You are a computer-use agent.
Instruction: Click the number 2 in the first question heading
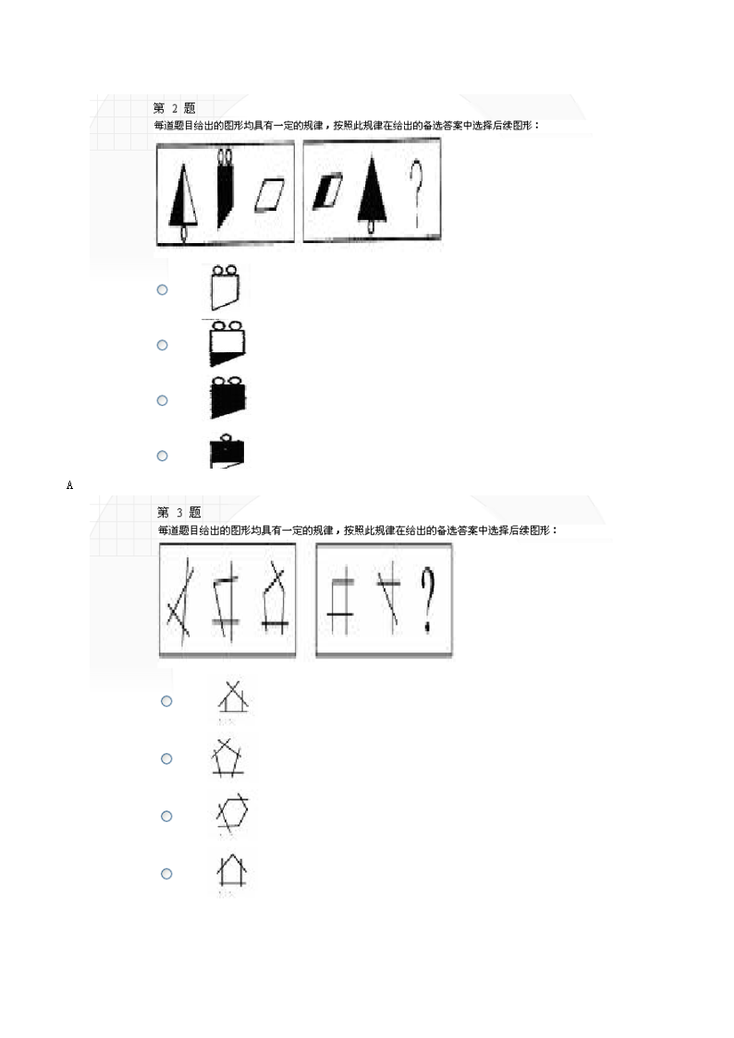coord(175,108)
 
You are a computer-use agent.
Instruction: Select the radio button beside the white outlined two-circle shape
coord(163,289)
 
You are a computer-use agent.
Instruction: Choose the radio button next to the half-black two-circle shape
coord(163,345)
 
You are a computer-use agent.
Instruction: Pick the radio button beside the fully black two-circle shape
coord(163,400)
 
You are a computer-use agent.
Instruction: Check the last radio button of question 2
coord(163,456)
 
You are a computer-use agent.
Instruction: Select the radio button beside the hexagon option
coord(166,816)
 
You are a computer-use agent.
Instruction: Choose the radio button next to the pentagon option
coord(166,759)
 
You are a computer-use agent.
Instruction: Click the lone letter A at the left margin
coord(70,484)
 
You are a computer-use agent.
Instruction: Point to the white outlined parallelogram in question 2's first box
coord(271,195)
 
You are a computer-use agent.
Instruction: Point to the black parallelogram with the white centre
coord(327,190)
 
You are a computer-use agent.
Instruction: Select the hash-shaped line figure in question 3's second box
coord(340,599)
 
